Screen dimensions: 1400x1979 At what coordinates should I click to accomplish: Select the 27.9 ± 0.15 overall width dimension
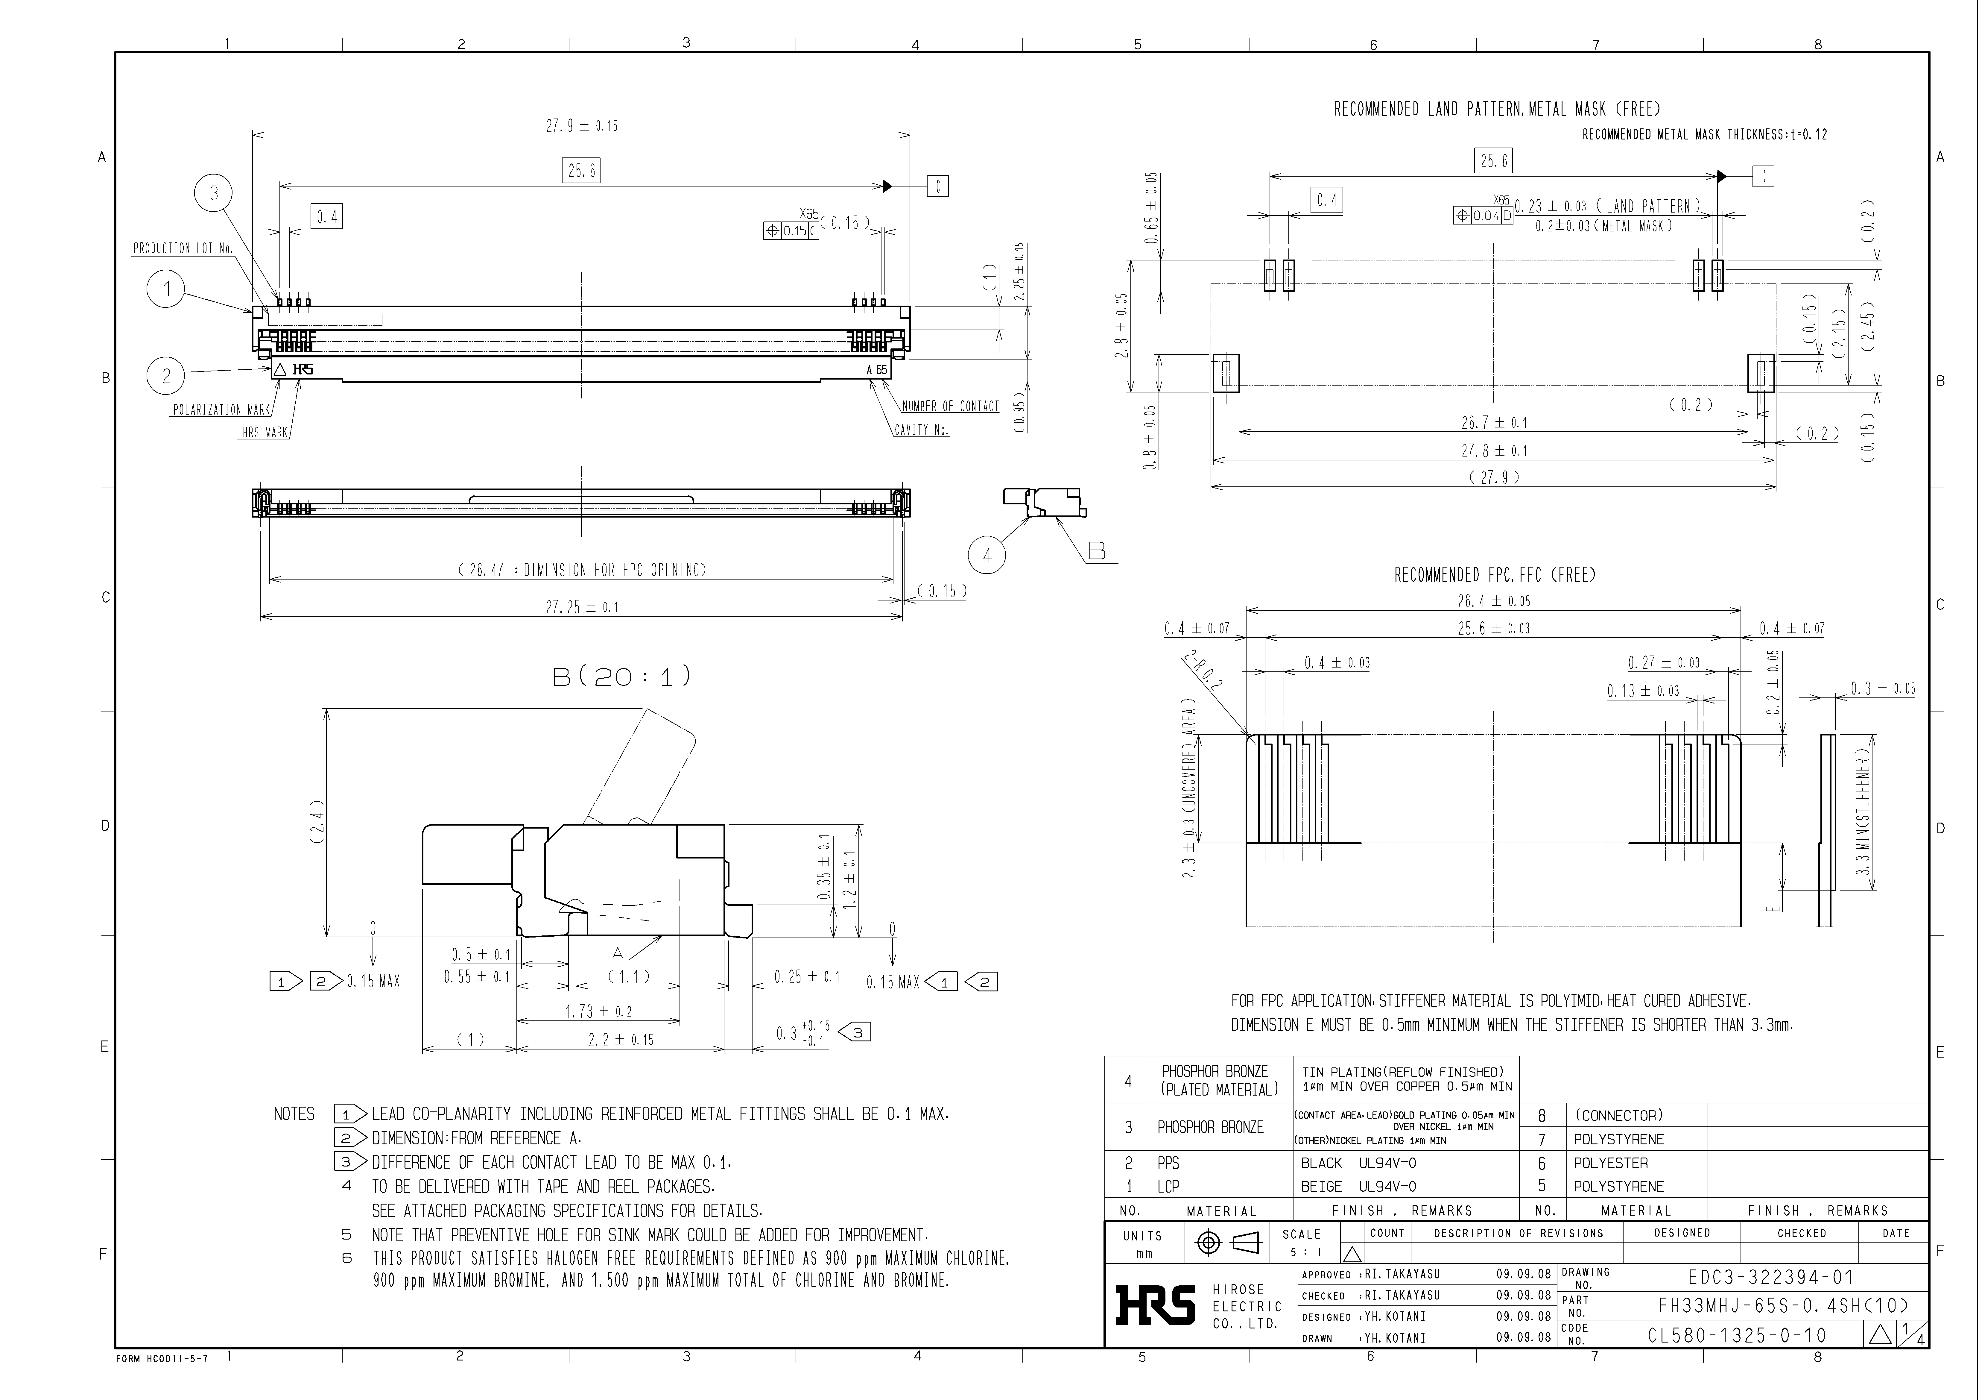pyautogui.click(x=582, y=126)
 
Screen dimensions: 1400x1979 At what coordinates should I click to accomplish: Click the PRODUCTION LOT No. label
pyautogui.click(x=183, y=248)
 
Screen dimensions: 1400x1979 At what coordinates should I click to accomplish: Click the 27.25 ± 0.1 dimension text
pyautogui.click(x=582, y=607)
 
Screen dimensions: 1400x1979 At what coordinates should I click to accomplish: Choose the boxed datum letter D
pyautogui.click(x=1764, y=177)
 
